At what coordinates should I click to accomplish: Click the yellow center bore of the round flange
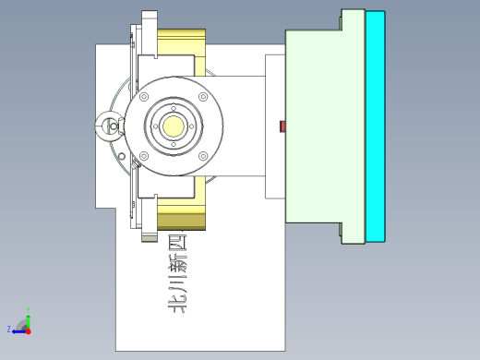click(174, 126)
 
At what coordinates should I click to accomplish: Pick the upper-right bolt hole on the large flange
click(202, 97)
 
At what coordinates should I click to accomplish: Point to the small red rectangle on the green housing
click(283, 126)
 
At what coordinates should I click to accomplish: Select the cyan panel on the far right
click(375, 126)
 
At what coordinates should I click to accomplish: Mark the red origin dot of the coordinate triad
click(29, 329)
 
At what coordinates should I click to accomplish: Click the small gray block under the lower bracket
click(149, 237)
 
